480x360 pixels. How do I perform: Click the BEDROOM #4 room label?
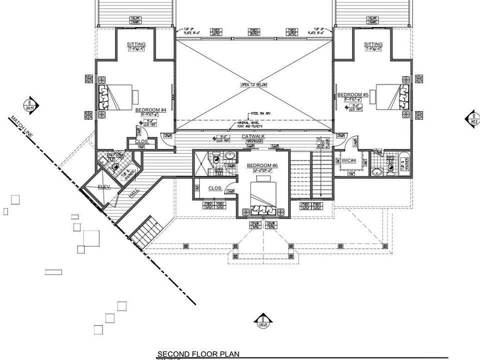[x=150, y=110]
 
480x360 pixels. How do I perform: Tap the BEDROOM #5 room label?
[x=352, y=95]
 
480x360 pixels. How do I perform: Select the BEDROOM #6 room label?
[x=262, y=165]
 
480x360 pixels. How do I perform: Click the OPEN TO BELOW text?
[x=253, y=85]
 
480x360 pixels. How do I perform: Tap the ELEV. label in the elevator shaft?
[x=103, y=186]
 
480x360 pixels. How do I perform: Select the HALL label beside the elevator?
[x=134, y=193]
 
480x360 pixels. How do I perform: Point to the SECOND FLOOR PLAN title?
[x=198, y=354]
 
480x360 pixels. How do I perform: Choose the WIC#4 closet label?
[x=348, y=160]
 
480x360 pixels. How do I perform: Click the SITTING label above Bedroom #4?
[x=136, y=44]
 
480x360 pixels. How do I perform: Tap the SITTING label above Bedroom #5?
[x=373, y=44]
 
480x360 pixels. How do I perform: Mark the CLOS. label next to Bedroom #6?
[x=215, y=188]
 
